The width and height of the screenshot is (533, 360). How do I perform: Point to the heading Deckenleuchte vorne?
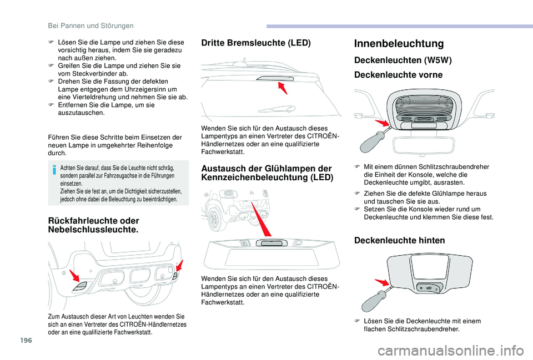398,75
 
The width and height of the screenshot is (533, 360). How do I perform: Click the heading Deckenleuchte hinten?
399,240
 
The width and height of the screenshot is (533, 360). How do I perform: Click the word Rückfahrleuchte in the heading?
72,220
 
